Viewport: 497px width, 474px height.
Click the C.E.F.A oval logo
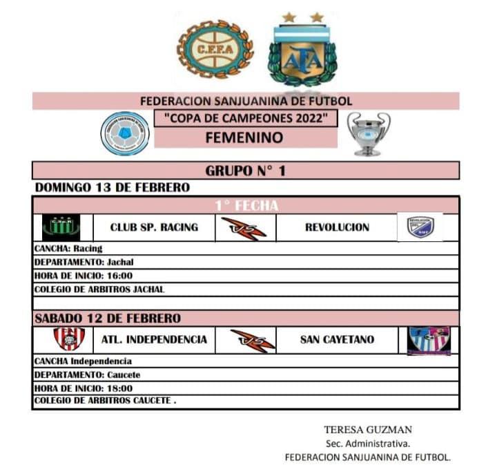pyautogui.click(x=215, y=48)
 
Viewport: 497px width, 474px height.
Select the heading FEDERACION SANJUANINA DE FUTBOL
pyautogui.click(x=246, y=101)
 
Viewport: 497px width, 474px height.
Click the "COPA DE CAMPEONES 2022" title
pyautogui.click(x=246, y=118)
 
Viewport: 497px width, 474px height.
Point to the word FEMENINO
pyautogui.click(x=244, y=138)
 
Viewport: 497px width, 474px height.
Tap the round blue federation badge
pyautogui.click(x=125, y=133)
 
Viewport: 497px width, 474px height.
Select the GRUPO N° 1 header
pyautogui.click(x=245, y=171)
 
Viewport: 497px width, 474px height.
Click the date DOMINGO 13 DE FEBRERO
pyautogui.click(x=112, y=187)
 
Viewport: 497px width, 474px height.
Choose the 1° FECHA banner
pyautogui.click(x=245, y=205)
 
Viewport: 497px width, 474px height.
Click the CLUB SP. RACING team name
pyautogui.click(x=154, y=227)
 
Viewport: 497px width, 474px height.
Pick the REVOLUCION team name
pyautogui.click(x=337, y=227)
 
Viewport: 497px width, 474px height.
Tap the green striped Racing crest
pyautogui.click(x=61, y=227)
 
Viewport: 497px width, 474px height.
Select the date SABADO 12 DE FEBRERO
pyautogui.click(x=108, y=319)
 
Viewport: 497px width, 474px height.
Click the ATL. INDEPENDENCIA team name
pyautogui.click(x=154, y=339)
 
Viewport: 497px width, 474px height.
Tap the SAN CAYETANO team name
pyautogui.click(x=337, y=339)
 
